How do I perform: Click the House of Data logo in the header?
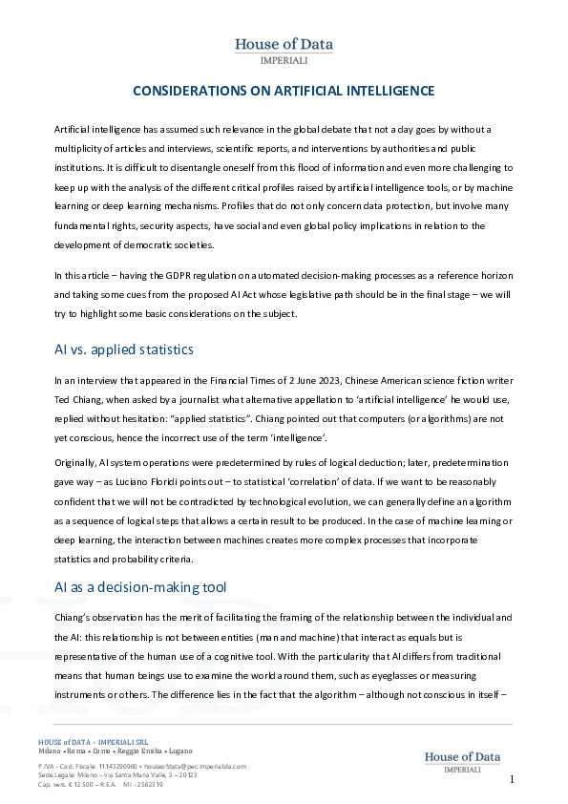284,50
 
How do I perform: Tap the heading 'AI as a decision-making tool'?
139,560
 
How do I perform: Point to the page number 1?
512,779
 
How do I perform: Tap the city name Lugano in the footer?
180,751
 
